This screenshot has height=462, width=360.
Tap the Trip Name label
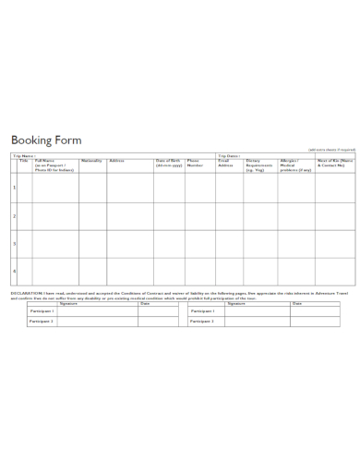pos(24,155)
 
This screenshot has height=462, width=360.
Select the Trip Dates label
pos(229,155)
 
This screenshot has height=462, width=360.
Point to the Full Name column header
pos(54,165)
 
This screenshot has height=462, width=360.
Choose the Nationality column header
pos(91,161)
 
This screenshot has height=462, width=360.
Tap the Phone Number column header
pos(196,164)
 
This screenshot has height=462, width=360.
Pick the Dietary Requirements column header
pos(261,165)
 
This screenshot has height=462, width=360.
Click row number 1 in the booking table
pos(14,188)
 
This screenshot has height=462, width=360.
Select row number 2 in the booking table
pos(14,215)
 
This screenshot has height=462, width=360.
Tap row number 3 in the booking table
pos(14,243)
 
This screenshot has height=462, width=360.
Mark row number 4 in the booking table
pos(14,271)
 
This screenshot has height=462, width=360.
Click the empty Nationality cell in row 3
pos(91,243)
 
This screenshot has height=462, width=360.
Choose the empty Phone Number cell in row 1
pos(199,188)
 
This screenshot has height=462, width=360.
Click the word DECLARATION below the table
pos(29,293)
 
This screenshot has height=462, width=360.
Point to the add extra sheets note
pos(329,149)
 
